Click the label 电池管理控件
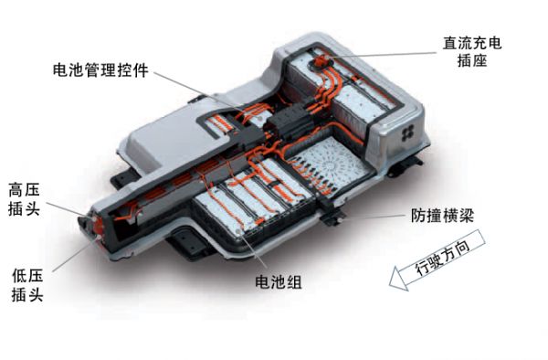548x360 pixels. pyautogui.click(x=100, y=70)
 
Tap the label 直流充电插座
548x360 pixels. pyautogui.click(x=472, y=52)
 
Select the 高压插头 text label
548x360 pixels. pyautogui.click(x=24, y=199)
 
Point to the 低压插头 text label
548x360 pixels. pyautogui.click(x=27, y=285)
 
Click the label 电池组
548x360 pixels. pyautogui.click(x=279, y=281)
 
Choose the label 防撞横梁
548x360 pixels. pyautogui.click(x=442, y=216)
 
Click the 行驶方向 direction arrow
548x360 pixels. pyautogui.click(x=437, y=259)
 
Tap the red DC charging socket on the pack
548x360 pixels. pyautogui.click(x=320, y=62)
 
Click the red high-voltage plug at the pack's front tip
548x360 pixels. pyautogui.click(x=97, y=226)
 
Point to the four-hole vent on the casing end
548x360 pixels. pyautogui.click(x=407, y=132)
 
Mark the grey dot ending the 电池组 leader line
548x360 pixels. pyautogui.click(x=238, y=231)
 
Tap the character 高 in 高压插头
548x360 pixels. pyautogui.click(x=16, y=190)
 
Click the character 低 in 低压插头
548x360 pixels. pyautogui.click(x=19, y=276)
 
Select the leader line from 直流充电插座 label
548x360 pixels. pyautogui.click(x=381, y=55)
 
